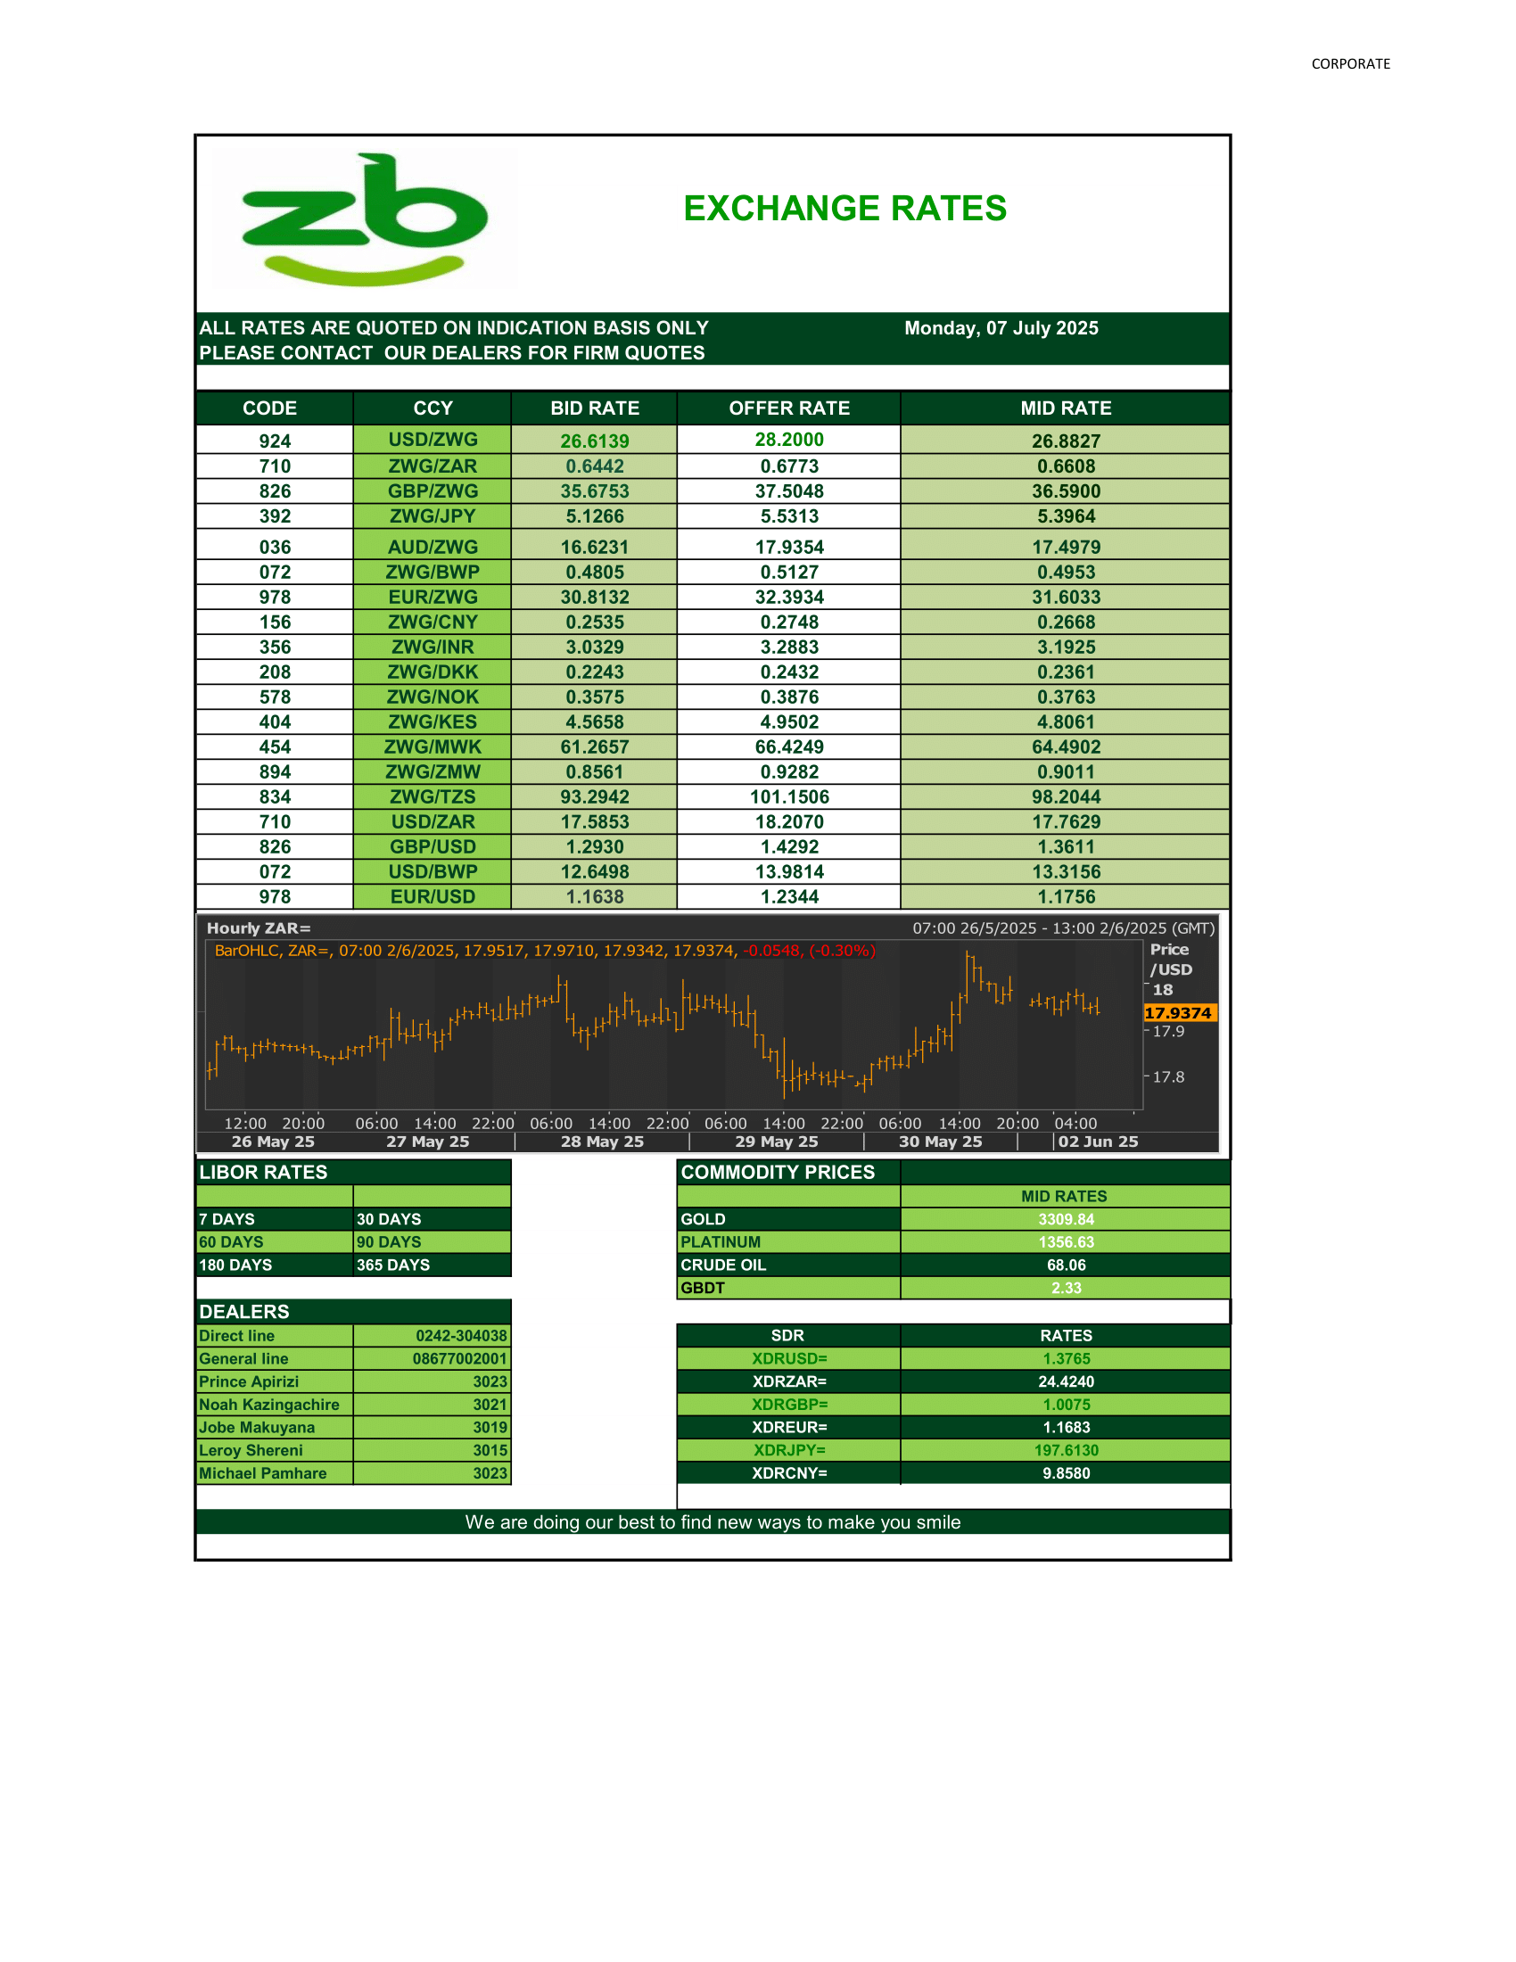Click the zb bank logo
[364, 218]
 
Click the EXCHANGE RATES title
[845, 209]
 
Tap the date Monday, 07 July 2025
[1001, 328]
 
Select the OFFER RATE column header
[788, 408]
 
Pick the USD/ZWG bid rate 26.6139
[595, 441]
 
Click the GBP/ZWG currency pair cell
[433, 491]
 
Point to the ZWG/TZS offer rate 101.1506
[788, 796]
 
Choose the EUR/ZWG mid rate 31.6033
[1065, 598]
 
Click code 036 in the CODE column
[275, 547]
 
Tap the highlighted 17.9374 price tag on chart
[1178, 1013]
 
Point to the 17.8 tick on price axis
[1167, 1077]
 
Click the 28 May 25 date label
[602, 1142]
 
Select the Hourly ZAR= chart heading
[259, 929]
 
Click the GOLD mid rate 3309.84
[1065, 1219]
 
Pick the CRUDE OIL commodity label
[723, 1265]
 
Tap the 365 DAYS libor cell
[393, 1265]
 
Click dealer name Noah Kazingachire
[269, 1405]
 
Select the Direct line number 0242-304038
[461, 1336]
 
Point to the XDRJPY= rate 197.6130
[1065, 1451]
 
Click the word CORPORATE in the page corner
[1350, 64]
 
